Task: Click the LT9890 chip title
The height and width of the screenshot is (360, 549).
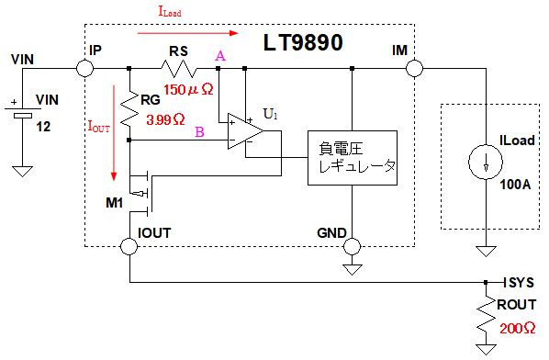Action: (303, 43)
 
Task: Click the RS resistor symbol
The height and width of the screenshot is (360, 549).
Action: (179, 68)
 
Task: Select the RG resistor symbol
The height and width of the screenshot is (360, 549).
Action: (129, 109)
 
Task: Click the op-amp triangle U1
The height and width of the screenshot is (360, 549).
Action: (245, 131)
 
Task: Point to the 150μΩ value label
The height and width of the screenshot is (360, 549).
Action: (188, 90)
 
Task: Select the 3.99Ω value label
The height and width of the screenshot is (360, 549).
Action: (165, 120)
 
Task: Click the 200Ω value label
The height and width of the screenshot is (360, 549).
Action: (517, 329)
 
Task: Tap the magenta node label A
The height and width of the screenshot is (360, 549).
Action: (220, 56)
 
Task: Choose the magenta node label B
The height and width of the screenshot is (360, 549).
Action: (199, 132)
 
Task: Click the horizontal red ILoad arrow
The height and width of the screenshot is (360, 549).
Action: (188, 33)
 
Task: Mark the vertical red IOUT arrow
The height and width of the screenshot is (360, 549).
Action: (114, 133)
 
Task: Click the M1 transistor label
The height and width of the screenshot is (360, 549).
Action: (115, 202)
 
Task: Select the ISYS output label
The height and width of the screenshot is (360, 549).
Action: (519, 283)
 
